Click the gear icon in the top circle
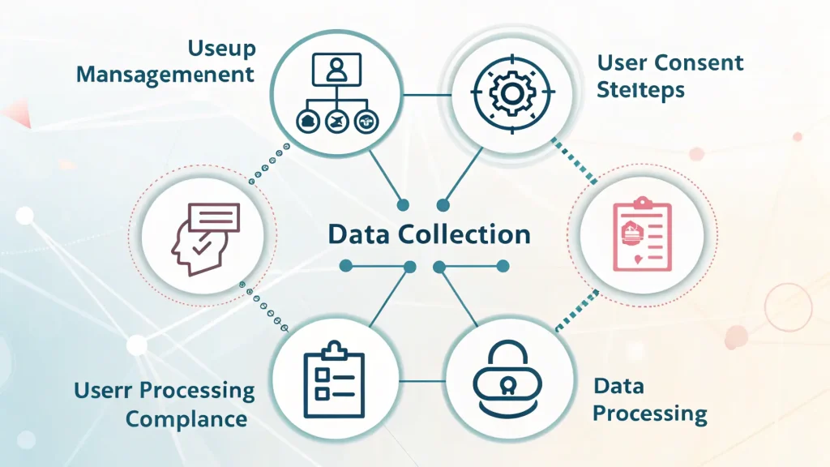(511, 93)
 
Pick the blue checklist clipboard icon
(334, 379)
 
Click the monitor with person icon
(336, 69)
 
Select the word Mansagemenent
(165, 75)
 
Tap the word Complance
(186, 419)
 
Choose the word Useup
(222, 49)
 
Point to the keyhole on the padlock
(507, 387)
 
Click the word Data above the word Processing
(618, 386)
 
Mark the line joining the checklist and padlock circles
(422, 381)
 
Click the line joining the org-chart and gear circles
(426, 96)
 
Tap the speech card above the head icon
(214, 217)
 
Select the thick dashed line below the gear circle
(574, 161)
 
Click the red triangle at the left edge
(18, 114)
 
